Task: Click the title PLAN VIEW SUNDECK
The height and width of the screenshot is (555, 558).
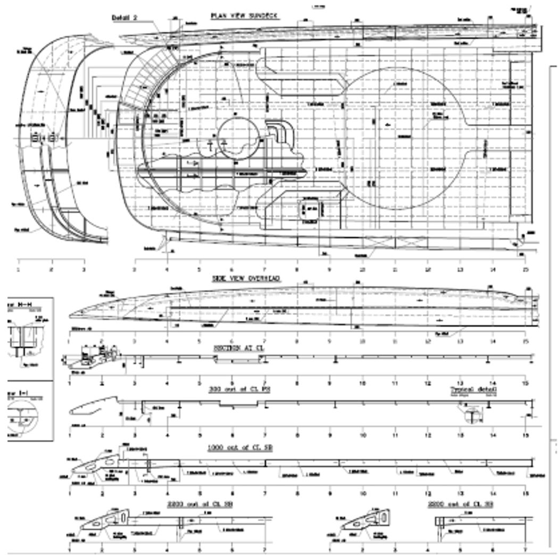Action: click(x=245, y=15)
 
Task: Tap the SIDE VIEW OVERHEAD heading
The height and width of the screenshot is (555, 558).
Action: click(x=246, y=278)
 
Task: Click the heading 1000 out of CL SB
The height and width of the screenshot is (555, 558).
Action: click(x=240, y=448)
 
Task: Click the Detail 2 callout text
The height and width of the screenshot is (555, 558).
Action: click(x=125, y=17)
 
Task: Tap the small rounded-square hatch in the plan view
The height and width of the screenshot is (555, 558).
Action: click(x=311, y=210)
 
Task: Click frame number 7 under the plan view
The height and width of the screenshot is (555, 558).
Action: click(x=264, y=262)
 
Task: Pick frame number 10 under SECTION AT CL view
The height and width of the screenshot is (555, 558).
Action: click(x=362, y=383)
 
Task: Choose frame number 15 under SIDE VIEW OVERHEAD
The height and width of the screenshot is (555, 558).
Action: click(x=526, y=341)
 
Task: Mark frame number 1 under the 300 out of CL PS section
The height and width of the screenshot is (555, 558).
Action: click(x=70, y=435)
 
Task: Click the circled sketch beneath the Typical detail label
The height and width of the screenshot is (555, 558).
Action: click(x=472, y=414)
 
